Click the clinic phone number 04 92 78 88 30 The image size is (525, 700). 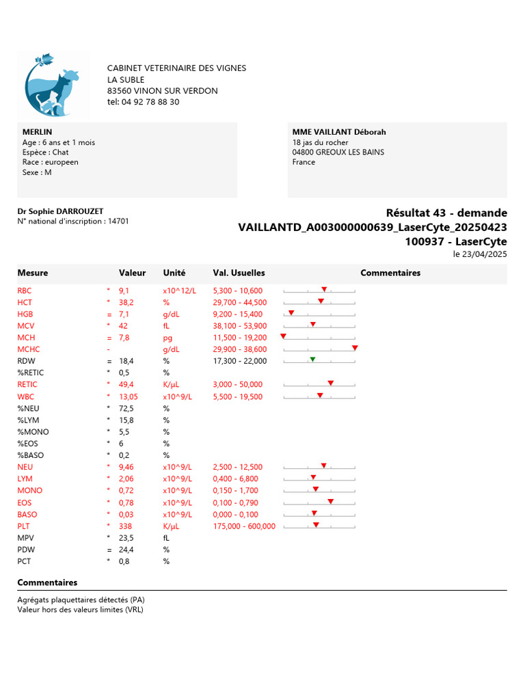tap(144, 102)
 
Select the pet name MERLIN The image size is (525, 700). tap(37, 132)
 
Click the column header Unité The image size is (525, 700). tap(174, 273)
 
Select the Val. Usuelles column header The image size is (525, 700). tap(239, 273)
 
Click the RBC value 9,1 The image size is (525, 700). tap(124, 291)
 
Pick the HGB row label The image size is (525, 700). tap(25, 314)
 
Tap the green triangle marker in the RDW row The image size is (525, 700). tap(312, 360)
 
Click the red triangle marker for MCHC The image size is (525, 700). tap(355, 348)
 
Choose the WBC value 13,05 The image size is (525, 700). tap(129, 396)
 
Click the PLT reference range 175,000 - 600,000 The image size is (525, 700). tap(244, 526)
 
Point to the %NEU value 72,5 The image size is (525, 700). tap(126, 408)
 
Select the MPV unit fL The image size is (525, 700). tap(166, 538)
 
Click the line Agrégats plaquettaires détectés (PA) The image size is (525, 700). tap(81, 600)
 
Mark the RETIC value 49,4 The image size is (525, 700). tap(126, 384)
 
